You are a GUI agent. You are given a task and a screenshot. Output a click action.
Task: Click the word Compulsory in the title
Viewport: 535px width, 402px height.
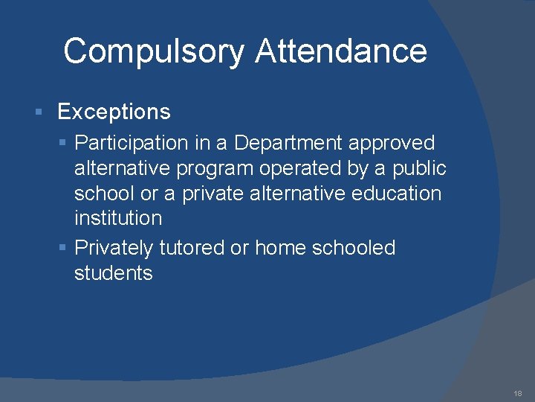(153, 52)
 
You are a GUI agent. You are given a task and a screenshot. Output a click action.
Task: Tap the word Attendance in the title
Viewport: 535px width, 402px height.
(341, 51)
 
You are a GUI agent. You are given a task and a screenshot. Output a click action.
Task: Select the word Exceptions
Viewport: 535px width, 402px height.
(114, 112)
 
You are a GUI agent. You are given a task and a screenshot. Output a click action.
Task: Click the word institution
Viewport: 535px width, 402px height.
(117, 218)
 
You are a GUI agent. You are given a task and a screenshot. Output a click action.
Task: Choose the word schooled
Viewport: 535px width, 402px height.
(354, 248)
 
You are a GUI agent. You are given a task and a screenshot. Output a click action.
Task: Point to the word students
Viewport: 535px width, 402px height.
(113, 273)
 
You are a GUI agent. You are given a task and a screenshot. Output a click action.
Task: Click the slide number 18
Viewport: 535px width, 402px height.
(518, 392)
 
